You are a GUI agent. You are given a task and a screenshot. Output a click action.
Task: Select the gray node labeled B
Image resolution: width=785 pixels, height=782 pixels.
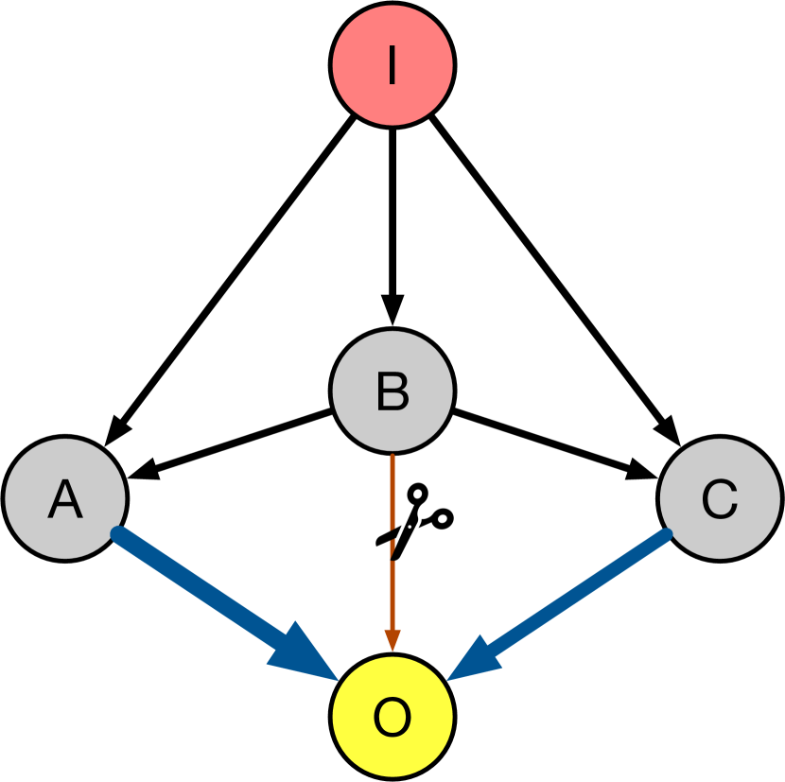pos(392,391)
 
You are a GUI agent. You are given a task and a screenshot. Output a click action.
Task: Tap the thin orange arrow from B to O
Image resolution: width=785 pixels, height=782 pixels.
pos(392,586)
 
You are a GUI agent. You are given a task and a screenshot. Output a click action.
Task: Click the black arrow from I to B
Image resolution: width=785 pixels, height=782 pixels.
pos(392,217)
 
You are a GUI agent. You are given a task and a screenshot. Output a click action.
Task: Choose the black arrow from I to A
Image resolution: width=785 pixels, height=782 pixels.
pos(236,274)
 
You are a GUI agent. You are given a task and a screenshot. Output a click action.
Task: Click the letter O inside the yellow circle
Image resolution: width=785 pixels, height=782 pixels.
pos(392,718)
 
